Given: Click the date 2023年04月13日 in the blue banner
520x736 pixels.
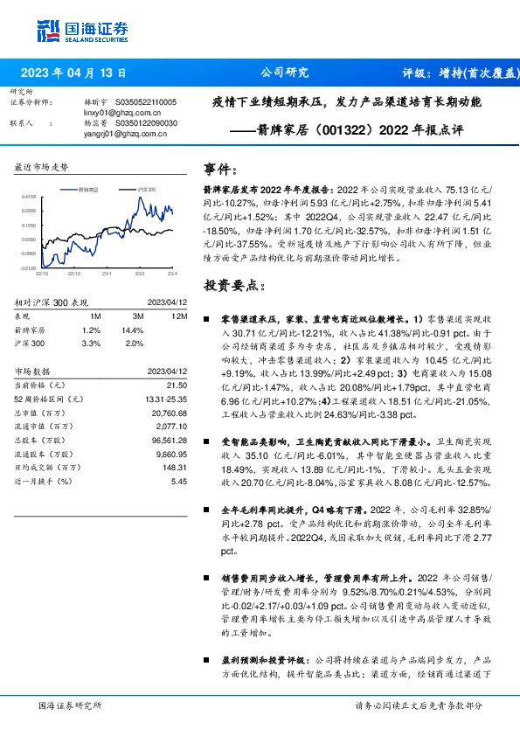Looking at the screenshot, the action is [72, 73].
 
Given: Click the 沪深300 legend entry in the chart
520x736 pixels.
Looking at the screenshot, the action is [144, 189].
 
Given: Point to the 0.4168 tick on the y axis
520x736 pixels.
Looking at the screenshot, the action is [29, 197].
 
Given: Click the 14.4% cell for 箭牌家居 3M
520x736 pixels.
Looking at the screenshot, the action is [132, 330].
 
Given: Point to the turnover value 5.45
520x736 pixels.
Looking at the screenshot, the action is [180, 481].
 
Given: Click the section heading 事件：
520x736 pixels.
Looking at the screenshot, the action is [220, 169].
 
